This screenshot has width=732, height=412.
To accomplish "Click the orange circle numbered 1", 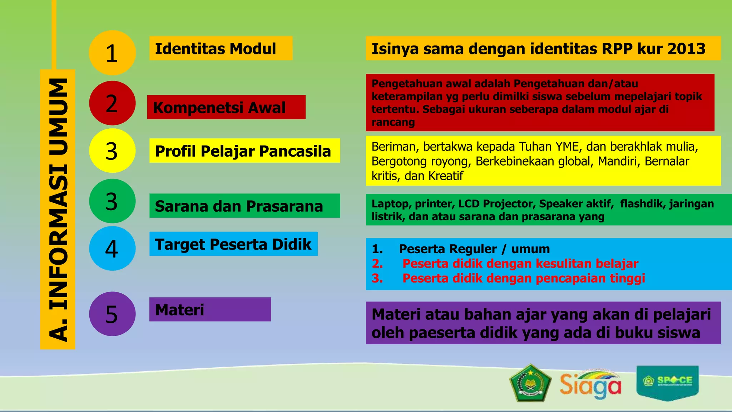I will (x=112, y=53).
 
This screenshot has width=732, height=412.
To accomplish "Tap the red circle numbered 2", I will (x=112, y=103).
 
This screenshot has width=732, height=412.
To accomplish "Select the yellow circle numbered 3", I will (x=112, y=151).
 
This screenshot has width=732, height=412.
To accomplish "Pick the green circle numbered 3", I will (x=112, y=201).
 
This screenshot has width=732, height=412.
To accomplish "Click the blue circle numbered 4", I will (x=112, y=248).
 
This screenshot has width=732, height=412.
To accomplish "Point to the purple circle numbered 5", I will (x=112, y=314).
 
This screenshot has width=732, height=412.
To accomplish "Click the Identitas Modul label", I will (x=216, y=49).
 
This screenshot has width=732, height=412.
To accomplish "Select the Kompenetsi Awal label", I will (x=219, y=107).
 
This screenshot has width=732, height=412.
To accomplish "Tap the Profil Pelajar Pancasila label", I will (x=243, y=151).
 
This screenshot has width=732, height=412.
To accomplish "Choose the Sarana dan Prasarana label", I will (x=239, y=206).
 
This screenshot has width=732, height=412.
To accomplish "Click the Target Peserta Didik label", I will (x=233, y=244).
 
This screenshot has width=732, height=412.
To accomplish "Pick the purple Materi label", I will (x=180, y=310).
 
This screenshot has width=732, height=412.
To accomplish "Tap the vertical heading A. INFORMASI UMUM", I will (x=58, y=209).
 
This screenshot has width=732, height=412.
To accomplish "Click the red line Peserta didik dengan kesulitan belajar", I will (x=520, y=264).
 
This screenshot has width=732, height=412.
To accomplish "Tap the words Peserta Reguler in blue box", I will (x=447, y=249).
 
